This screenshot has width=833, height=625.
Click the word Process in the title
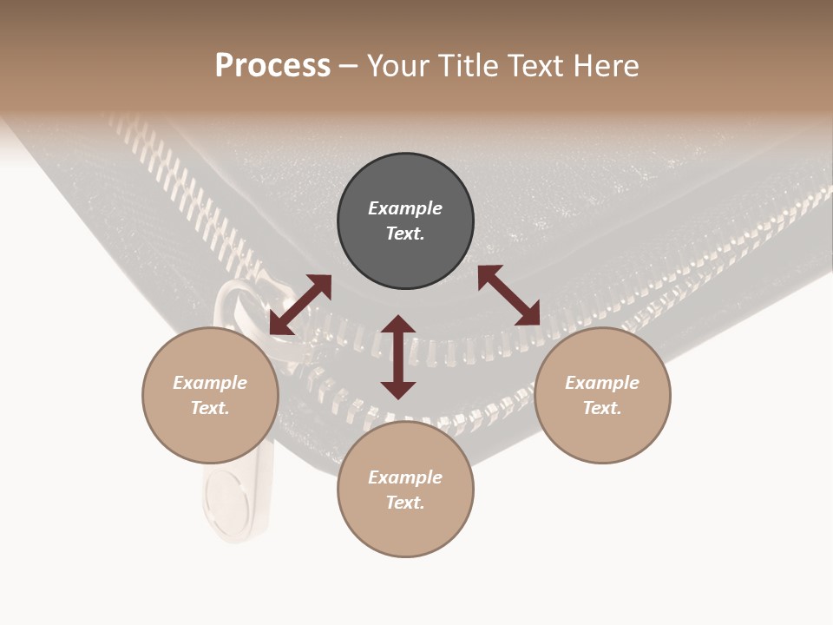coord(272,66)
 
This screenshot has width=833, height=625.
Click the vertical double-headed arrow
coord(398,357)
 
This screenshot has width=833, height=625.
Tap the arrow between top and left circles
coord(300,305)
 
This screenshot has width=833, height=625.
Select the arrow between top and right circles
coord(509,295)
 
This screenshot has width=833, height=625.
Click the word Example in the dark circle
coord(405,208)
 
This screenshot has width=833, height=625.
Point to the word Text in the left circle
coord(210,408)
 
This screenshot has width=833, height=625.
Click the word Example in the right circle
coord(602,383)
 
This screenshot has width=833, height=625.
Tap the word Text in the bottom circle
coord(405,503)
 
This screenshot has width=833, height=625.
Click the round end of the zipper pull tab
coord(227,503)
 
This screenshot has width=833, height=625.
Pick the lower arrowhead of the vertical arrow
coord(398,390)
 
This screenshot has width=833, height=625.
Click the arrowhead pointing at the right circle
coord(528,314)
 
